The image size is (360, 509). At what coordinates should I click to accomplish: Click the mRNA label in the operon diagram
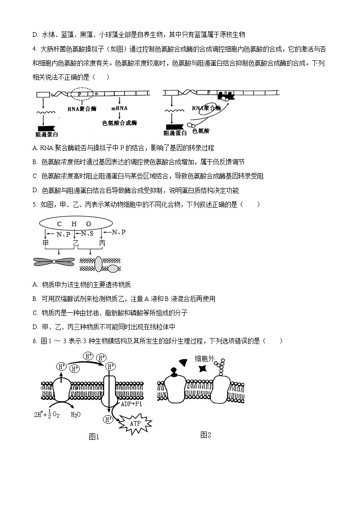coord(120,109)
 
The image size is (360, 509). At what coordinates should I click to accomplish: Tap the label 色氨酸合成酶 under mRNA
coord(120,122)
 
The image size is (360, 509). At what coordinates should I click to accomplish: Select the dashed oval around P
coord(80,94)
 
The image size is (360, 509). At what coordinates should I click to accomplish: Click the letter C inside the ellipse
coord(59,224)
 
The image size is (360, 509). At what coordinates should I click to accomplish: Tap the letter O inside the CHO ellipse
coord(89,224)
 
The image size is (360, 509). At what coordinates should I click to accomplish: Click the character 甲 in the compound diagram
coord(45,243)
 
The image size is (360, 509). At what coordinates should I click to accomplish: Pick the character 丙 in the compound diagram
coord(102,243)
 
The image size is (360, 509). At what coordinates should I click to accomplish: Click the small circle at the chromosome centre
coord(54,261)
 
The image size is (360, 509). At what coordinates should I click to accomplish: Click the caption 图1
coord(94,437)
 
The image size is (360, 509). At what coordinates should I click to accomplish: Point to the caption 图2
coord(206,435)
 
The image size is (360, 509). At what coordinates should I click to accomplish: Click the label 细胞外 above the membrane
coord(204,358)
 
